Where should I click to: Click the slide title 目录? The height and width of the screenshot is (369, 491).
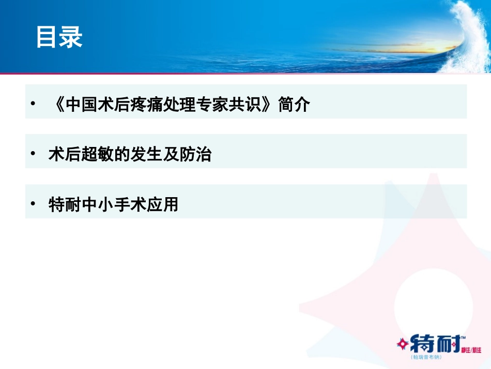pos(59,38)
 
